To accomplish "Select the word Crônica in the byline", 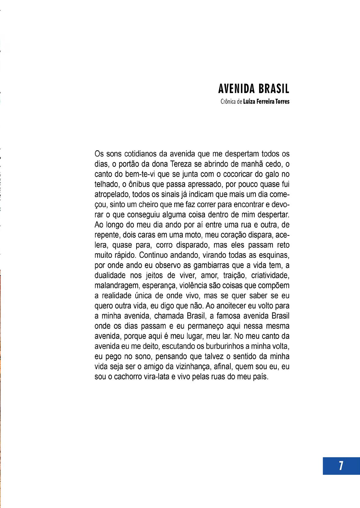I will [228, 102].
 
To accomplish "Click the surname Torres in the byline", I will [282, 102].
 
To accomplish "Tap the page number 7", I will [341, 466].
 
